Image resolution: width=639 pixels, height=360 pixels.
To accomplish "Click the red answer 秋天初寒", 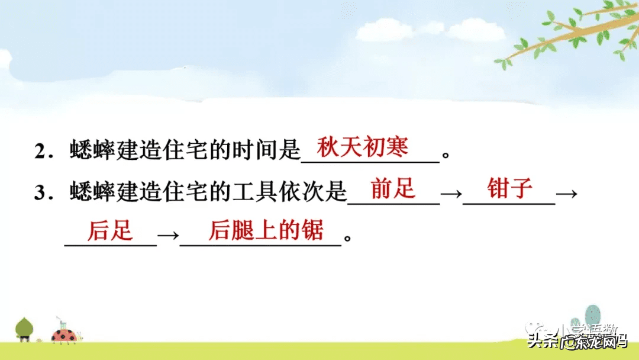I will tap(363, 147).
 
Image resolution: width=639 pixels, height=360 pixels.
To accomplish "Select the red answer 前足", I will tap(393, 189).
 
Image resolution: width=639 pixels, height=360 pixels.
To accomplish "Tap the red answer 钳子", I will tap(510, 189).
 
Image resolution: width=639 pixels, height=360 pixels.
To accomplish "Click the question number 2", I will tap(41, 152).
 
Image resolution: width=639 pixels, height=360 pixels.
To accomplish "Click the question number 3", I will tap(41, 193).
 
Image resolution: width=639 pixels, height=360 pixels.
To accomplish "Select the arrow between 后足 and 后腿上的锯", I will tap(168, 235).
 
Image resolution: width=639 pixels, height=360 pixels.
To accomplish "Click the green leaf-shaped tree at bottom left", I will tap(24, 327).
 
